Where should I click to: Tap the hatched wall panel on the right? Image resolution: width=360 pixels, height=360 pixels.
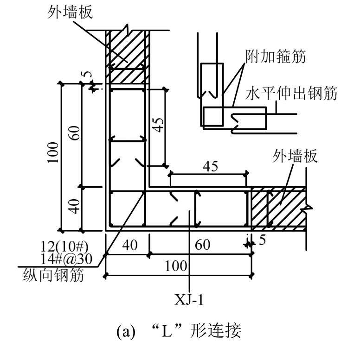pos(278,208)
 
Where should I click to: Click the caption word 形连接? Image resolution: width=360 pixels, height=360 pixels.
pos(218,334)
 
